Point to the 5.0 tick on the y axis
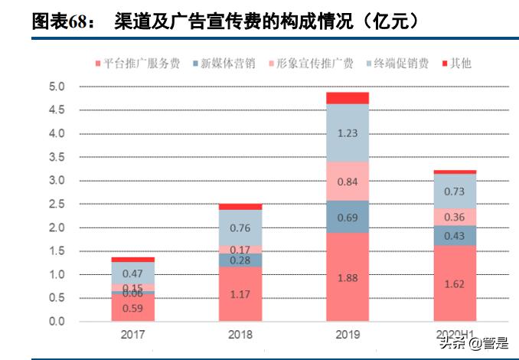pyautogui.click(x=57, y=87)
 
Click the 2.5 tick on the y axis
pyautogui.click(x=57, y=205)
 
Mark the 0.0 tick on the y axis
pyautogui.click(x=57, y=322)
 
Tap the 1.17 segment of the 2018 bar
pyautogui.click(x=240, y=294)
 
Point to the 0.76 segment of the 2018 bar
pyautogui.click(x=240, y=227)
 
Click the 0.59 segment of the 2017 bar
pyautogui.click(x=133, y=308)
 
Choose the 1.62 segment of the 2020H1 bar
pyautogui.click(x=454, y=283)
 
